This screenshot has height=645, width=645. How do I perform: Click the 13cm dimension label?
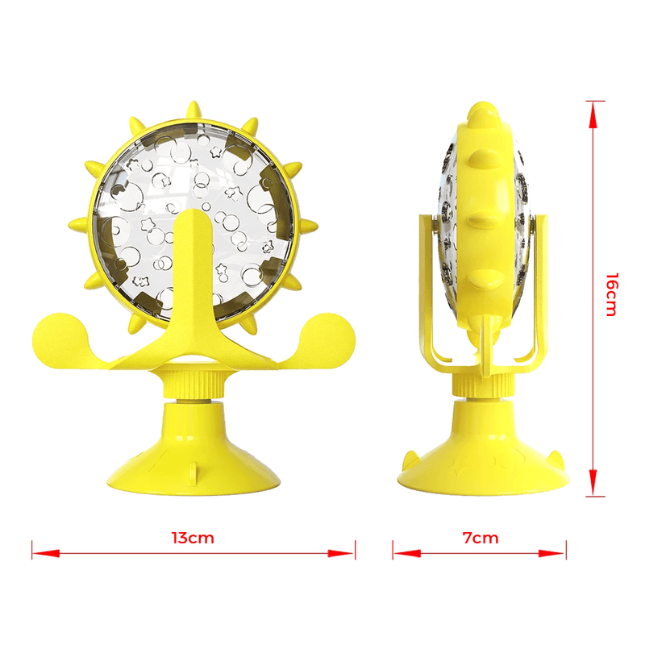[193, 538]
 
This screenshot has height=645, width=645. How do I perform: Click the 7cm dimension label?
[481, 538]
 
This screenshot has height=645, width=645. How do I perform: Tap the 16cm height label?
[612, 294]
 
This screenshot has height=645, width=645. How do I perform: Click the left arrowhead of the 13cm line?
[46, 553]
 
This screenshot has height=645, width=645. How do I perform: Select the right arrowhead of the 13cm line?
[341, 553]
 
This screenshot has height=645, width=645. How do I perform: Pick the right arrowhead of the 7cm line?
[552, 553]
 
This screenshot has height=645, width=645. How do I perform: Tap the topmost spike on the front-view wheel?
[193, 112]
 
